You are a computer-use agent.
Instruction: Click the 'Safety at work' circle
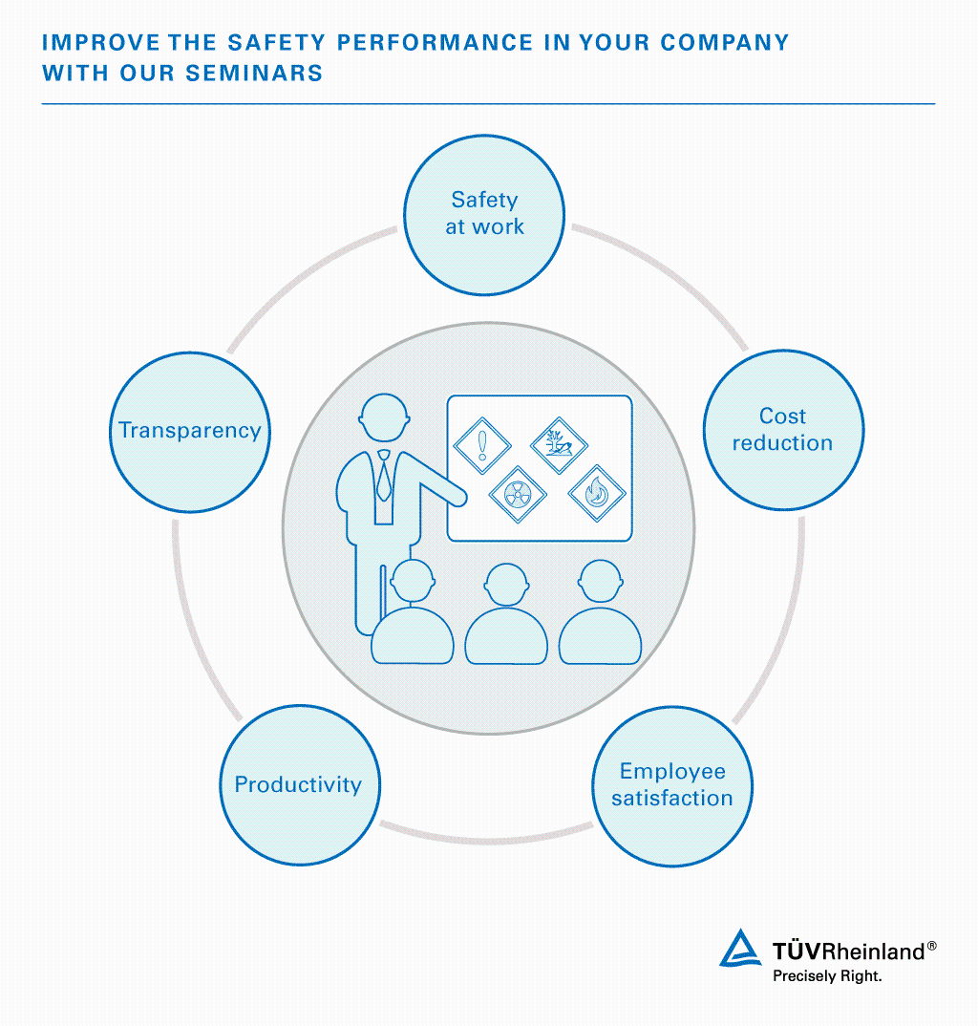tap(484, 214)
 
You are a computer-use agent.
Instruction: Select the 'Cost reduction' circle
tap(782, 430)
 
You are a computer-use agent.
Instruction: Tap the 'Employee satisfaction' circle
tap(672, 785)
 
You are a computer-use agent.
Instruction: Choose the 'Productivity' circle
tap(299, 785)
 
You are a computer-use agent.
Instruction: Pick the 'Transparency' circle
tap(190, 431)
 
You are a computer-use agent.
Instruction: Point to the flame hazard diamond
tap(597, 493)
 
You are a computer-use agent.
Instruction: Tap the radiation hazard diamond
tap(518, 493)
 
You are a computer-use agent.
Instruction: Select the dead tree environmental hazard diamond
tap(559, 444)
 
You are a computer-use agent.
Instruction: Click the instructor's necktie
tap(383, 478)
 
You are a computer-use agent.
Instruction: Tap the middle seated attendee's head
tap(506, 588)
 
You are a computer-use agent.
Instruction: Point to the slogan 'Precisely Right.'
tap(827, 976)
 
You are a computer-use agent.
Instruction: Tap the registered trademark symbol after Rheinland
tap(932, 946)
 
